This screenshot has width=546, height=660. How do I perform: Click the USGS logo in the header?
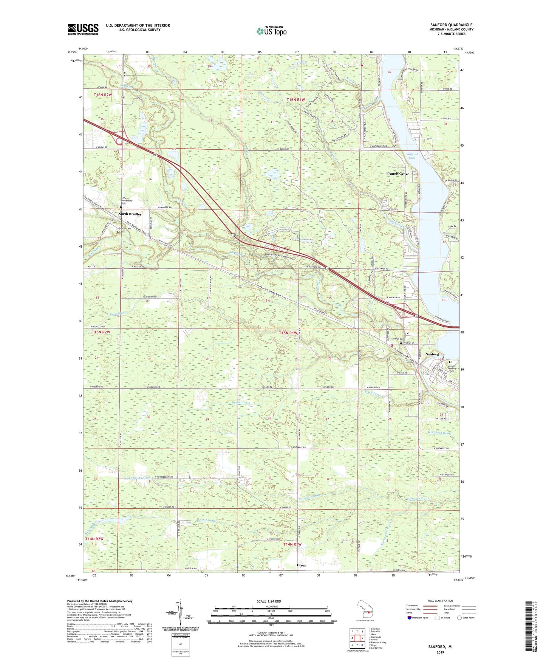tap(83, 29)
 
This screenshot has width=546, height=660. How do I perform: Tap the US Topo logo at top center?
tap(271, 31)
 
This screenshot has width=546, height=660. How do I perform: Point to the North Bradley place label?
tap(130, 214)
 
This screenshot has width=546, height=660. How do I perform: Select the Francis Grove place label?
tap(398, 174)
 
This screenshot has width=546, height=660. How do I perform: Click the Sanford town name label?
tap(432, 354)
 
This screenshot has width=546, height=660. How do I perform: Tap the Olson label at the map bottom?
tap(302, 565)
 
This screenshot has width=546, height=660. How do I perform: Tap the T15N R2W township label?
tap(102, 332)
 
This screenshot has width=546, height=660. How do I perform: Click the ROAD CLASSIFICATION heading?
tap(440, 601)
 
